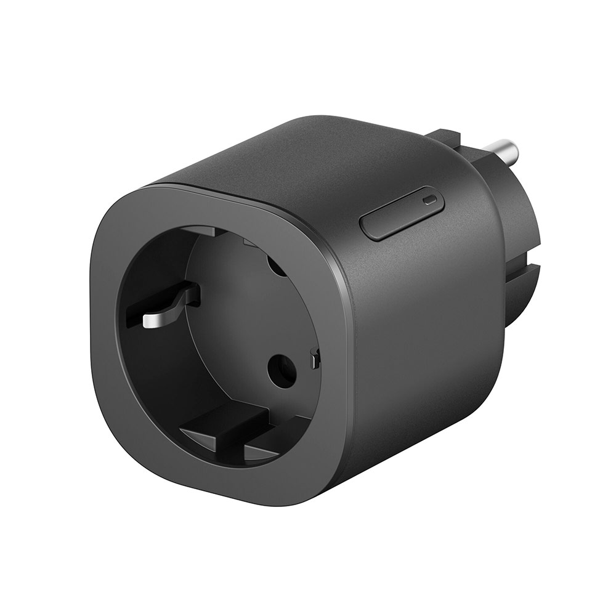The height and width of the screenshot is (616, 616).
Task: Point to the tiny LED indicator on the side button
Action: click(431, 200)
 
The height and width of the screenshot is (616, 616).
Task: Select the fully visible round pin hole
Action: click(282, 371)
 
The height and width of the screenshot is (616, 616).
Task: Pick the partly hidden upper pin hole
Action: click(275, 265)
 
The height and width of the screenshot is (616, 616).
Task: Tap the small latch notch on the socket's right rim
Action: click(315, 358)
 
